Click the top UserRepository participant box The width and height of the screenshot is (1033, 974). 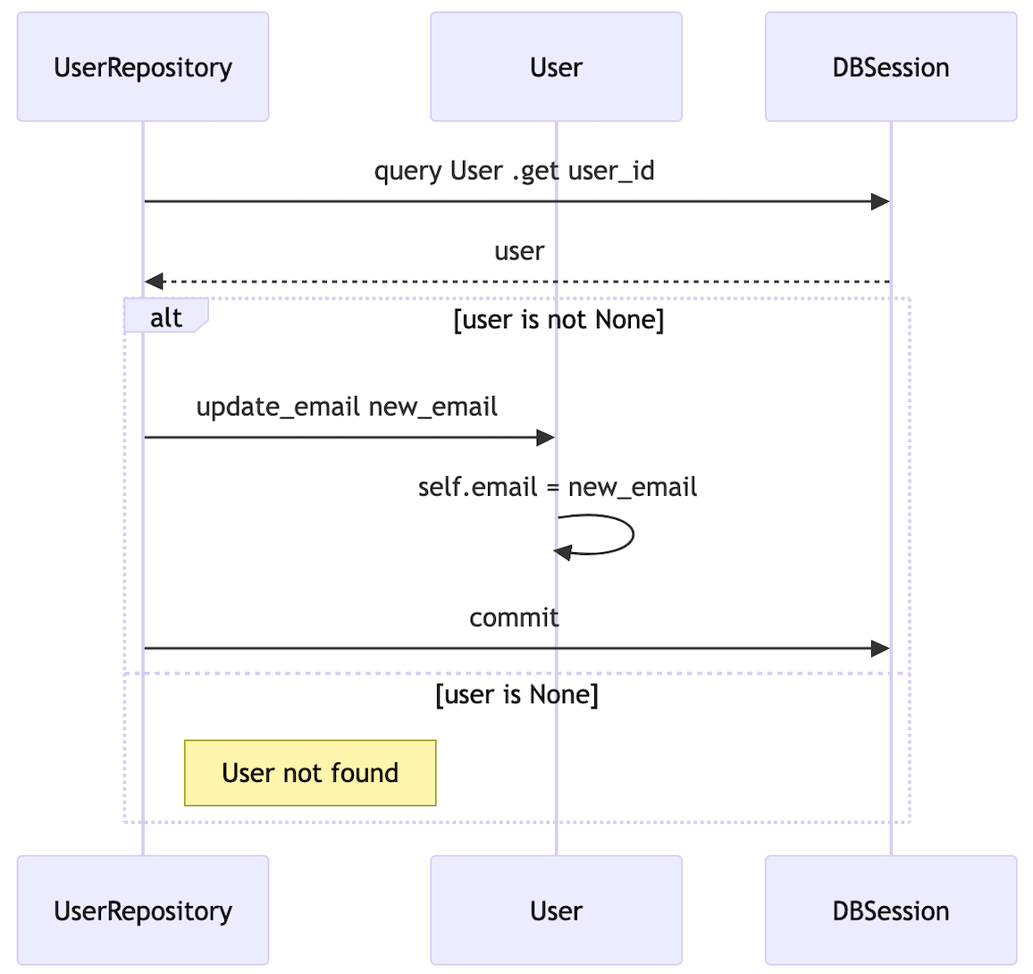pos(143,67)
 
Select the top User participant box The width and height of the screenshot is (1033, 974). pos(556,67)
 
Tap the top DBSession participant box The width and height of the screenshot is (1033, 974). pos(890,67)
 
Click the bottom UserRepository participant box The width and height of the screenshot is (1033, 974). pos(143,911)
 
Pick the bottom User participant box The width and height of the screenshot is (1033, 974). pos(556,911)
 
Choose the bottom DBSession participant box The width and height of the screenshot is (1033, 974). pos(890,911)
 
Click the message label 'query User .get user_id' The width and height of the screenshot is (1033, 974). pos(514,171)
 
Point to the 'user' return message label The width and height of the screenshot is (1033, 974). pos(519,251)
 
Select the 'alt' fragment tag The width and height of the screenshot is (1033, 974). pos(166,318)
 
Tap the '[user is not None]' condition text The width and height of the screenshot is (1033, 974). pos(558,320)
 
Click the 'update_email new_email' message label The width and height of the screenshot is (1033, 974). pos(347,407)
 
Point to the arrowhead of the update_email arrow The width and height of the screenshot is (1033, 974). pos(545,438)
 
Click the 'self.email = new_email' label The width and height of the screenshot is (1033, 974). pos(557,487)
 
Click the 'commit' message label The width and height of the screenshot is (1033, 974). pos(514,617)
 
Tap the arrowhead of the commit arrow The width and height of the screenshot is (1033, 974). pos(880,649)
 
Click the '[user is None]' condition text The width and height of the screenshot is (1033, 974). pos(516,694)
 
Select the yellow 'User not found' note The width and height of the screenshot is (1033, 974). pos(310,773)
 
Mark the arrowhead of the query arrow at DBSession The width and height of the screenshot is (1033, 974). pos(880,202)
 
